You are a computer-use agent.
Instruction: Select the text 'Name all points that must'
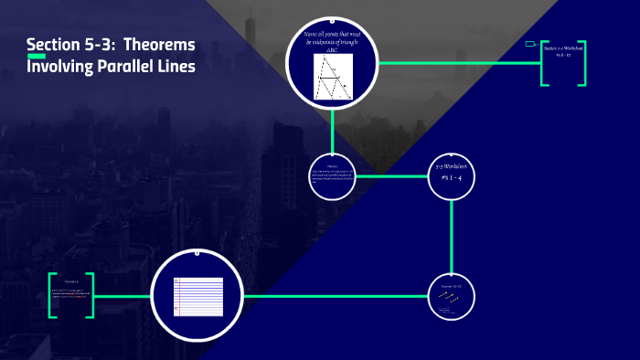tap(332, 35)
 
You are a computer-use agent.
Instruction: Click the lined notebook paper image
tap(198, 296)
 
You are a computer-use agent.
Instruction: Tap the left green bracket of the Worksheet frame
tap(543, 63)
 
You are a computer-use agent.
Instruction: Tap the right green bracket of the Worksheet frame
tap(582, 63)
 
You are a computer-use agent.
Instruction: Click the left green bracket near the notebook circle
tap(53, 296)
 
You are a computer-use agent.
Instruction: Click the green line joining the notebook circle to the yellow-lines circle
tap(338, 296)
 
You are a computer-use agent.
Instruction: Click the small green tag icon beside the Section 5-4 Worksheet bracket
tap(530, 43)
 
